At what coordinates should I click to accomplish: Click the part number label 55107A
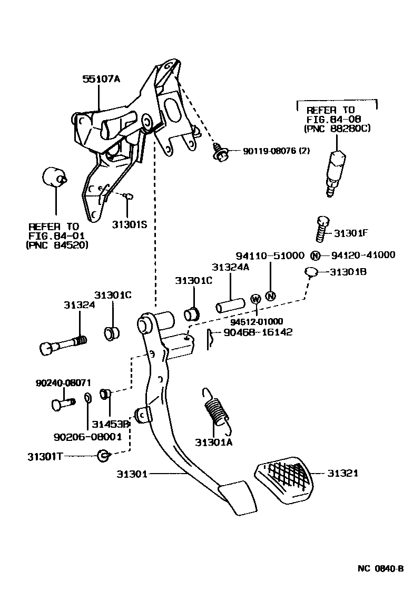[x=101, y=80]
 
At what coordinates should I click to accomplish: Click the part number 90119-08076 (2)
[x=277, y=151]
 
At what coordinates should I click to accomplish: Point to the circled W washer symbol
[x=256, y=299]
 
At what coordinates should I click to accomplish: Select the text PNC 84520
[x=56, y=245]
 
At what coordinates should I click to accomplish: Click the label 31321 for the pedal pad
[x=342, y=474]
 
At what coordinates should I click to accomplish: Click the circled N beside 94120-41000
[x=315, y=255]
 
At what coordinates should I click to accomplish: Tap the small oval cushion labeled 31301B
[x=311, y=272]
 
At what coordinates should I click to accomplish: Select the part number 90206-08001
[x=87, y=436]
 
